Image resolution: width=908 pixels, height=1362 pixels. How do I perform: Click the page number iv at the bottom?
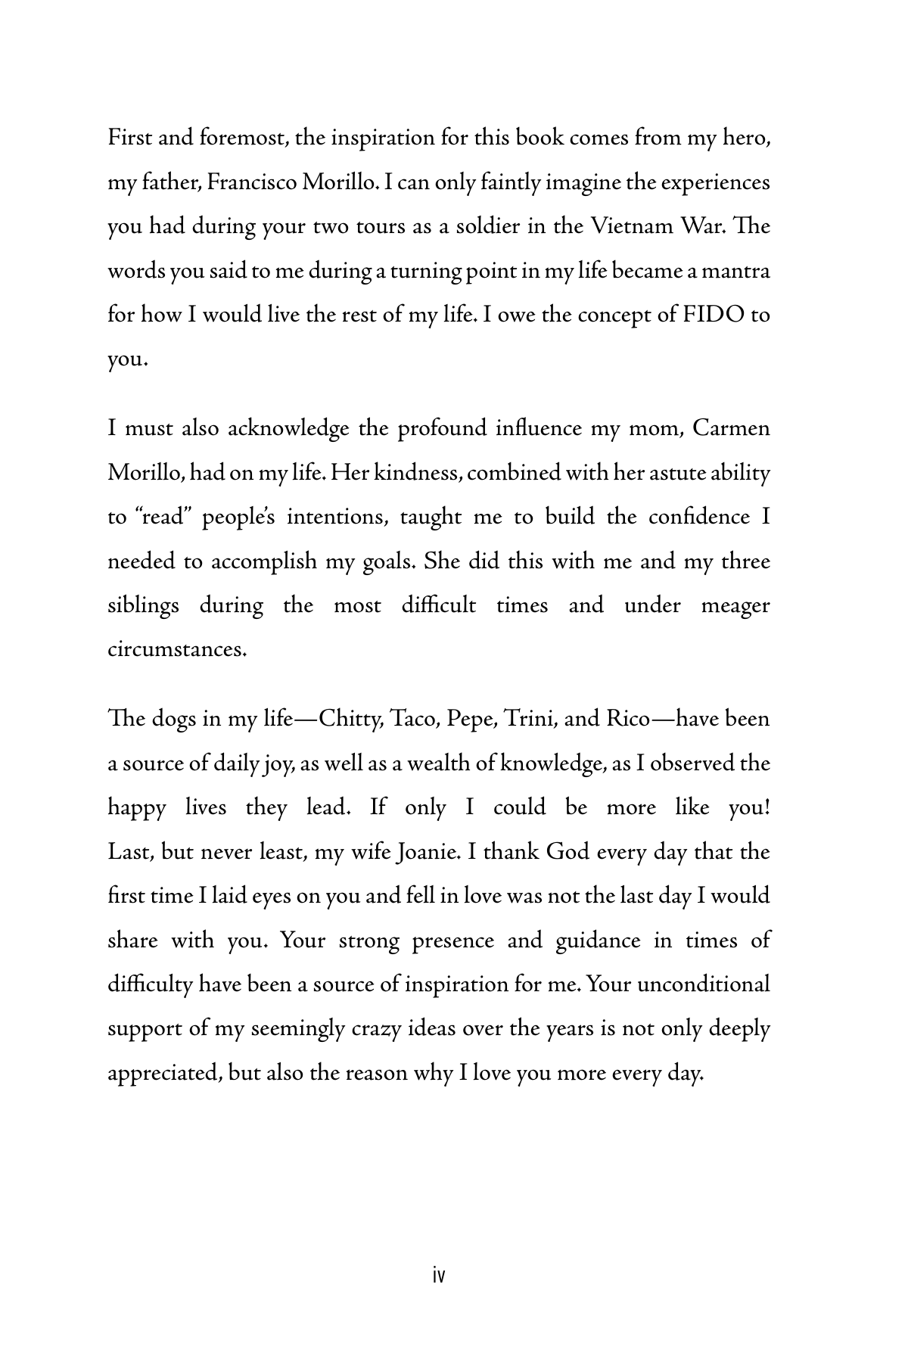coord(438,1276)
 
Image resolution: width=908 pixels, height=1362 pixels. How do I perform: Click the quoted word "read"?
coord(163,518)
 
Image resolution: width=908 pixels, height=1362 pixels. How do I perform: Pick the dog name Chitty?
coord(350,719)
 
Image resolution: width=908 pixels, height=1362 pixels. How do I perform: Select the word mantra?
coord(737,272)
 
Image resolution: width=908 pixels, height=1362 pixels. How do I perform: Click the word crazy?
coord(377,1030)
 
